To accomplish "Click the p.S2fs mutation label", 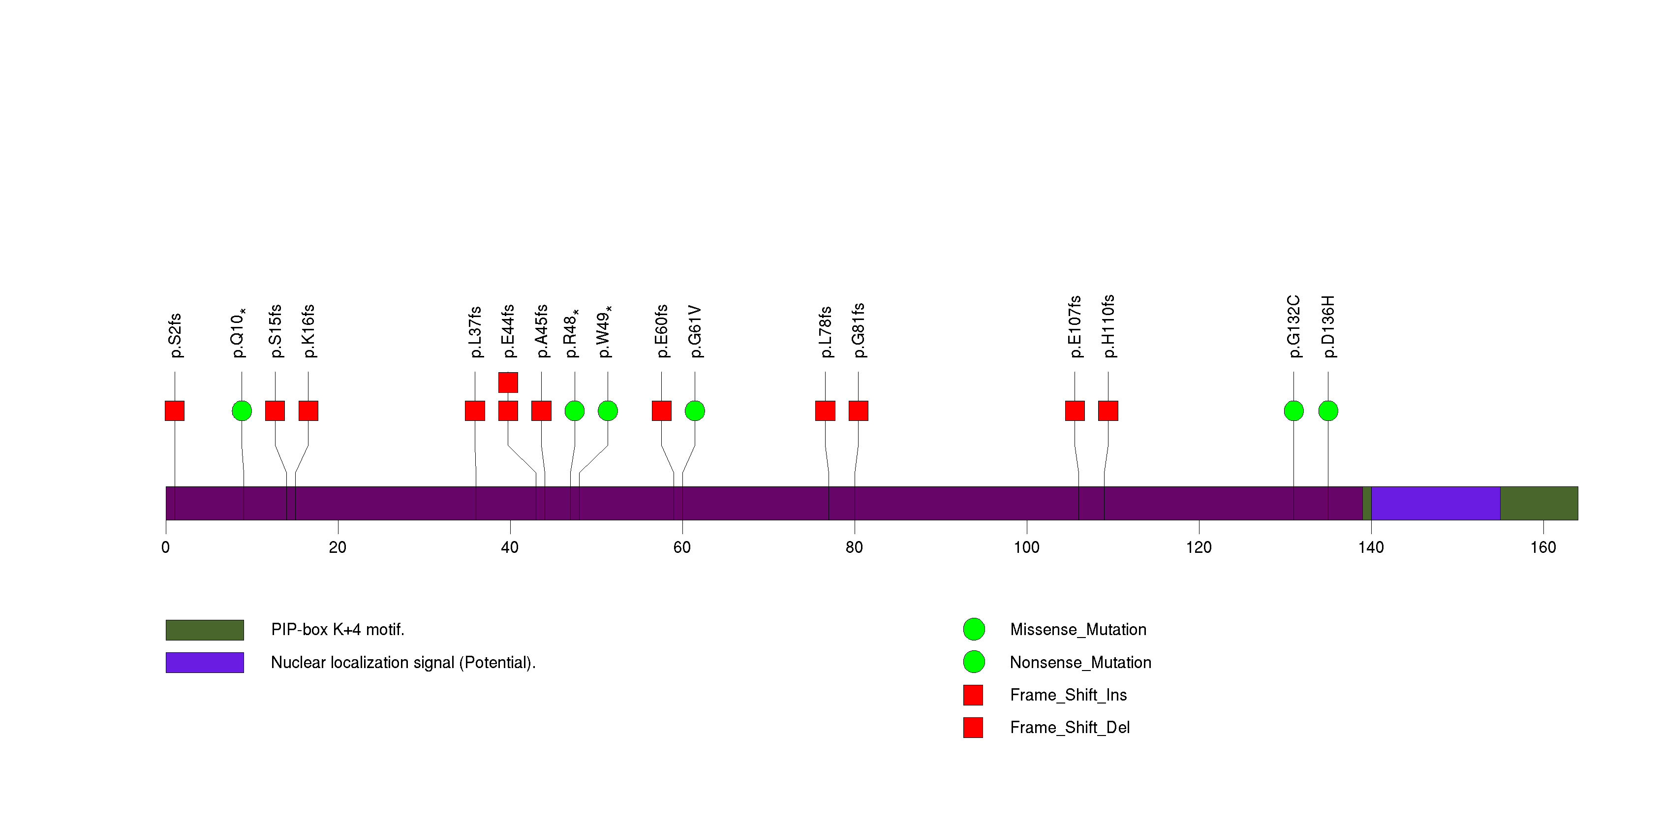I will tap(175, 335).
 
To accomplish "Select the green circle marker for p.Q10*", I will tap(242, 411).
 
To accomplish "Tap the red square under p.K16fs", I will tap(308, 411).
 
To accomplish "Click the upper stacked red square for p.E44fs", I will tap(508, 383).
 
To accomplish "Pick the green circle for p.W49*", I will tap(608, 411).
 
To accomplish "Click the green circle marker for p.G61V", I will tap(694, 411).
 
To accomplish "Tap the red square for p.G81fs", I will tap(858, 411).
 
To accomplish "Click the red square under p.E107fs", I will tap(1075, 411).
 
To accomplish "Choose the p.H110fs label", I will tap(1108, 326).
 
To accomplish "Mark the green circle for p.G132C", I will tap(1293, 411).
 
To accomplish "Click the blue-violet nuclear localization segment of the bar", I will tap(1435, 503).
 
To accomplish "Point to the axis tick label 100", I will tap(1026, 547).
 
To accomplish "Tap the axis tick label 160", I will tap(1543, 547).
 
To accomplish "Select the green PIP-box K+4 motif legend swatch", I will tap(204, 630).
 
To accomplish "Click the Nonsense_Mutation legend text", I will tap(1080, 662).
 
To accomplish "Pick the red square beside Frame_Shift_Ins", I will tap(973, 695).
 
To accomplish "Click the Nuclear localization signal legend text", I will tap(403, 662).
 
